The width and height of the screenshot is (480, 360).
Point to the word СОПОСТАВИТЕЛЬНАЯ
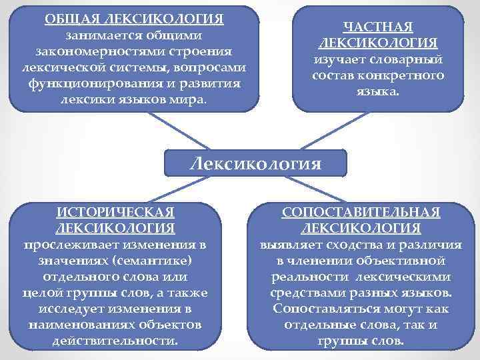[361, 213]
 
